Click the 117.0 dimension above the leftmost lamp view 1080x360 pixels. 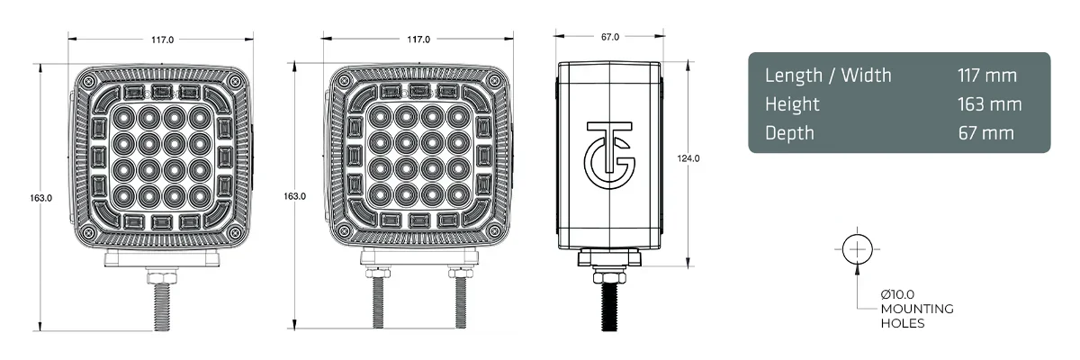coord(162,40)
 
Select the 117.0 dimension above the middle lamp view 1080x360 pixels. coord(418,40)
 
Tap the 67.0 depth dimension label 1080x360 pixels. coord(609,37)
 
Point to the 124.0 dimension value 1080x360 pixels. coord(688,158)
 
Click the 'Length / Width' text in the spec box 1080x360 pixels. coord(828,75)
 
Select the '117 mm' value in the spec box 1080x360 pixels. coord(987,75)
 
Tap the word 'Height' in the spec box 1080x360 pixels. coord(793,104)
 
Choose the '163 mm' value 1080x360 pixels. coord(990,104)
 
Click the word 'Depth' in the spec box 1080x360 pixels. coord(789,133)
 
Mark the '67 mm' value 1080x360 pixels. coord(986,133)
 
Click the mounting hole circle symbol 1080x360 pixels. coord(858,248)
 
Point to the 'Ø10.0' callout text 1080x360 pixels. coord(899,295)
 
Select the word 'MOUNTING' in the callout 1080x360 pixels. coord(917,309)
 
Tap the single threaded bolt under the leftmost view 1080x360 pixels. coord(163,301)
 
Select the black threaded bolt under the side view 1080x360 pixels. coord(609,302)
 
